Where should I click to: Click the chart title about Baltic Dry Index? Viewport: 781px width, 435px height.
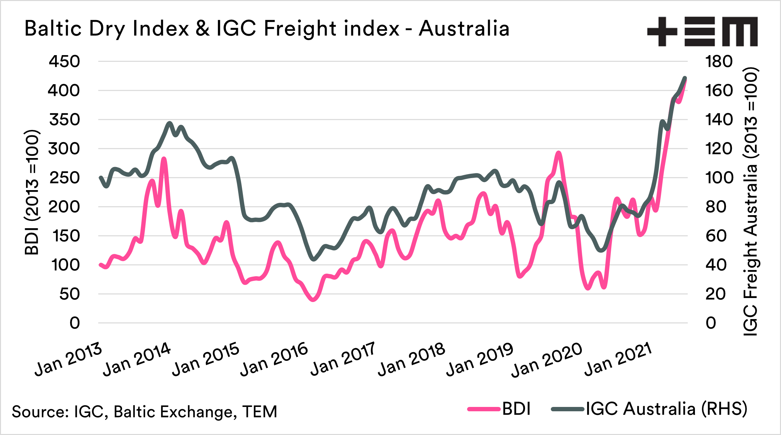pos(267,28)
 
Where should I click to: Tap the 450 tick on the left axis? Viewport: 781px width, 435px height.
pos(64,61)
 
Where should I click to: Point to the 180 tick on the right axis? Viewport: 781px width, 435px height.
pos(719,61)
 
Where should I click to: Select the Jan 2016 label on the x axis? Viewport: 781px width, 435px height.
pos(274,359)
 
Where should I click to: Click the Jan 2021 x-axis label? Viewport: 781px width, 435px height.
pos(618,359)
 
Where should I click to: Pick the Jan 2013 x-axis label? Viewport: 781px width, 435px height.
pos(68,359)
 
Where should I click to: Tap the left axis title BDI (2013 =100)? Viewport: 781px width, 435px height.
pos(32,192)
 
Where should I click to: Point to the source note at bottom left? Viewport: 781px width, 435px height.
pos(144,412)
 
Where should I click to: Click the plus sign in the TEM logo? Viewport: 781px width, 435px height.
pos(662,31)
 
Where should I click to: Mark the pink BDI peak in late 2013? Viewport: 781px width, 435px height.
pos(163,159)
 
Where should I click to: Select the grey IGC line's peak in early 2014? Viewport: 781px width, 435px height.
pos(169,123)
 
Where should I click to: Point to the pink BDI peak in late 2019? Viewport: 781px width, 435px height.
pos(558,153)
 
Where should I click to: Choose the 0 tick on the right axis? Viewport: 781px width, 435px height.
pos(711,323)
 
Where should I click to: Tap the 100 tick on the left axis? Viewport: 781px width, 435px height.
pos(65,265)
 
